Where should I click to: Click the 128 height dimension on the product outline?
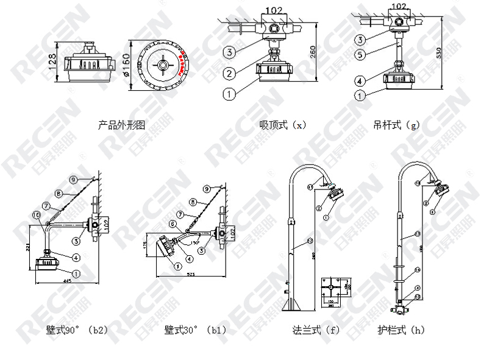tap(53, 61)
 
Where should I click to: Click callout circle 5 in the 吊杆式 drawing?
tap(361, 54)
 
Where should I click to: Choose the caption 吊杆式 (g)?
tap(396, 125)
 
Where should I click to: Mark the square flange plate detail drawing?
tap(335, 286)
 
